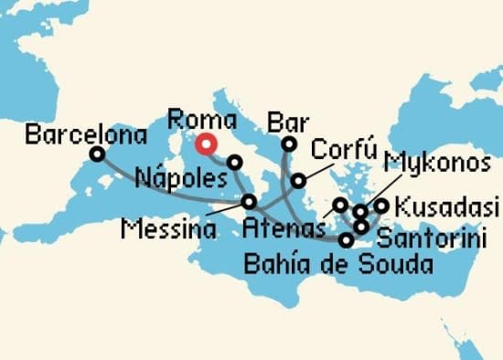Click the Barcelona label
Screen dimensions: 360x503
tap(87, 136)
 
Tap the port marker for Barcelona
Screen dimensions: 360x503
tap(97, 154)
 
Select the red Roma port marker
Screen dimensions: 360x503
tap(208, 143)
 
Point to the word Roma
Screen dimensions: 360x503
tap(204, 120)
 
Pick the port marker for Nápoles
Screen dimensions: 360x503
tap(235, 163)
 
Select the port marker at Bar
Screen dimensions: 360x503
tap(289, 143)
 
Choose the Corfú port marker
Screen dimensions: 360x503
tap(299, 180)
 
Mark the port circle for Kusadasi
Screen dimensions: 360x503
tap(381, 206)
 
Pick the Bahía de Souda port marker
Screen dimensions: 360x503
tap(346, 241)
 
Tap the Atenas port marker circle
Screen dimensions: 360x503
tap(339, 205)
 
